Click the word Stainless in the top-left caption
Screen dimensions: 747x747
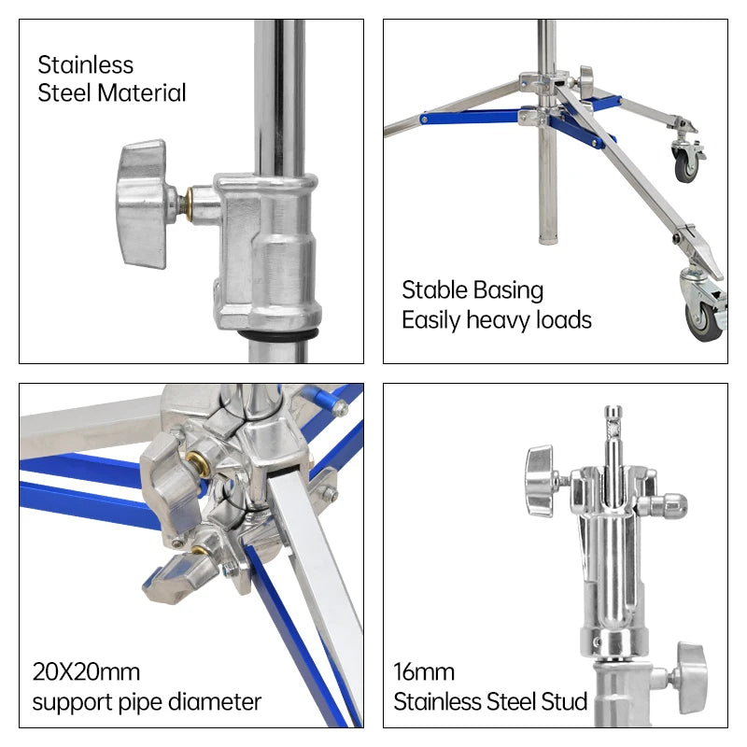click(85, 65)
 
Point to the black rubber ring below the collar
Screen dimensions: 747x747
click(281, 333)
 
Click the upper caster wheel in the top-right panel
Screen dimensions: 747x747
click(687, 161)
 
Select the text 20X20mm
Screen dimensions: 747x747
click(86, 671)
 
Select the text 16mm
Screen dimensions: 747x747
click(424, 671)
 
